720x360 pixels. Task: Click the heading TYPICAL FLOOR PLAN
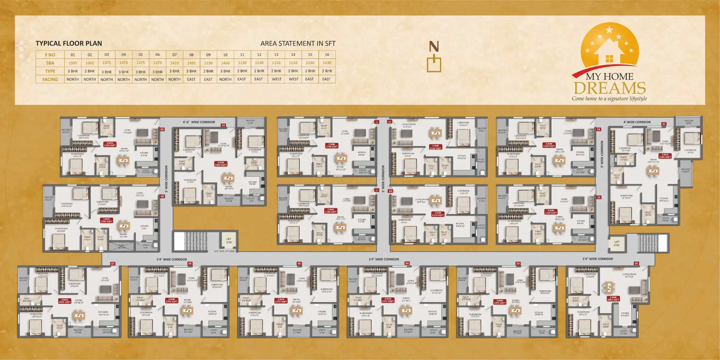coord(69,43)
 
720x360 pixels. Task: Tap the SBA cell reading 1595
coord(73,63)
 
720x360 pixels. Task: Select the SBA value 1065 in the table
coord(90,63)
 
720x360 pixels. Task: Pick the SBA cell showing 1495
coord(191,63)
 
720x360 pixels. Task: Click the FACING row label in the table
coord(50,79)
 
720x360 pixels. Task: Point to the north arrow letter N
coord(434,47)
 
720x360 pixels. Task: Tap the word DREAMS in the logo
coord(610,88)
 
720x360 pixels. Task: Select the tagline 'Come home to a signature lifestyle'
coord(609,98)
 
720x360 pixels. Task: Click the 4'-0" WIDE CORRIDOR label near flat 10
coord(199,122)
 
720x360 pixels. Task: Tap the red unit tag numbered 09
coord(162,129)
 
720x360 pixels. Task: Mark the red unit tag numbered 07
coord(113,264)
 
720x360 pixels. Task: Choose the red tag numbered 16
coord(598,129)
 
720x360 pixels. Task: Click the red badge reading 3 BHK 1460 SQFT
coord(221,164)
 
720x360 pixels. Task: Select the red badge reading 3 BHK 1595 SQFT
coord(665,156)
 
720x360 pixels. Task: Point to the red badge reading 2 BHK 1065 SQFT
coord(613,298)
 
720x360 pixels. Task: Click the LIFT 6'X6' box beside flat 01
coord(617,244)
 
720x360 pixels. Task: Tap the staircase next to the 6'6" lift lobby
coord(196,241)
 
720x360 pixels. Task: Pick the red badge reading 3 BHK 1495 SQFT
coord(107,220)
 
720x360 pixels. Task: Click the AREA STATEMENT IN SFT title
coord(298,43)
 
